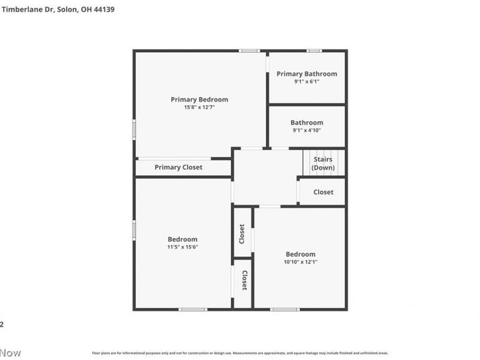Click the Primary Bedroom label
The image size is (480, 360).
[x=199, y=100]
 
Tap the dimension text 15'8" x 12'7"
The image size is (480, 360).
[x=199, y=107]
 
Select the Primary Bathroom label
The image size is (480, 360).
[x=307, y=74]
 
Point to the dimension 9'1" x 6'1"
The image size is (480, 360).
[x=307, y=82]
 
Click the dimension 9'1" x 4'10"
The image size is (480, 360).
[x=307, y=130]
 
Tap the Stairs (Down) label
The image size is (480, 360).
[x=323, y=164]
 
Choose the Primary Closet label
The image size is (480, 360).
[x=178, y=167]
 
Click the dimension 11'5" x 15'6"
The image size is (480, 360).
[x=182, y=247]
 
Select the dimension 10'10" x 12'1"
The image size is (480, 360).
[x=300, y=262]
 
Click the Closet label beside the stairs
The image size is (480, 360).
[x=323, y=192]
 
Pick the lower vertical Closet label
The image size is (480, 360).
[x=245, y=280]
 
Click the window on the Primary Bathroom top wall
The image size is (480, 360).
[x=314, y=51]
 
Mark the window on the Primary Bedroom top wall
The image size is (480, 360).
[x=249, y=51]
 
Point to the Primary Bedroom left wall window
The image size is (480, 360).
[x=134, y=129]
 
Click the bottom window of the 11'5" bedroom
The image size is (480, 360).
[x=193, y=310]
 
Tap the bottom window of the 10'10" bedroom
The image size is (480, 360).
[x=284, y=310]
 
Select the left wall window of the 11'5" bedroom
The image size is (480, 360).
[x=134, y=230]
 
